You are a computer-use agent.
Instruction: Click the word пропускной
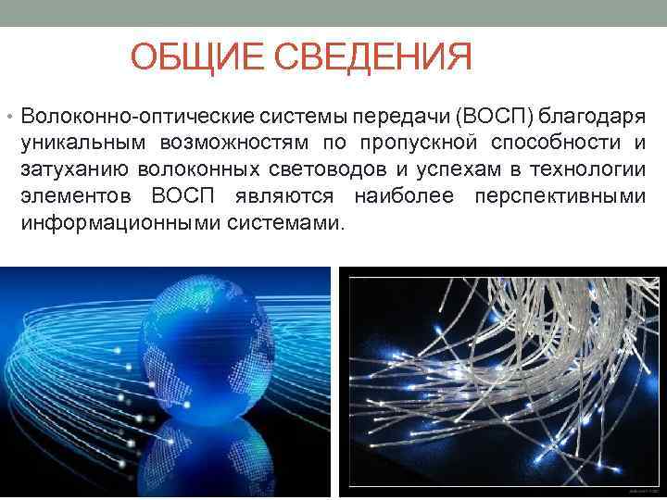tap(415, 144)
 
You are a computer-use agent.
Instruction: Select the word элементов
tap(73, 197)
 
